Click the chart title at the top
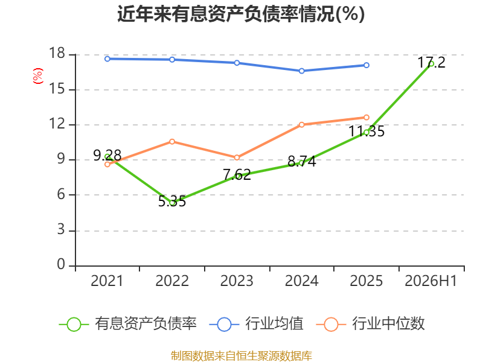pos(241,14)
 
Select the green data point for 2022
pos(172,203)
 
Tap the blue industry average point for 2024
pos(301,71)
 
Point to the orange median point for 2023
pos(237,157)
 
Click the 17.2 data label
pos(432,63)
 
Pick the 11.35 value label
pos(366,132)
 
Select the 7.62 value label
pos(237,175)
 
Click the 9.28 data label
pos(107,155)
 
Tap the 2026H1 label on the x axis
pos(431,281)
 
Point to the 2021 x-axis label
pos(107,281)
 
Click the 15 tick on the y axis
pos(57,89)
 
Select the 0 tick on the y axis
pos(61,264)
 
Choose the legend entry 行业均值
pos(256,324)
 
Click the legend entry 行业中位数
pos(371,324)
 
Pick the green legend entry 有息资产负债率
pos(128,324)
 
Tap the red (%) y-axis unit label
pos(38,76)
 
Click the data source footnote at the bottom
pos(241,356)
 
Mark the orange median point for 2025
pos(366,117)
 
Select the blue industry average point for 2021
pos(107,59)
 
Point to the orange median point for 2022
pos(172,142)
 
